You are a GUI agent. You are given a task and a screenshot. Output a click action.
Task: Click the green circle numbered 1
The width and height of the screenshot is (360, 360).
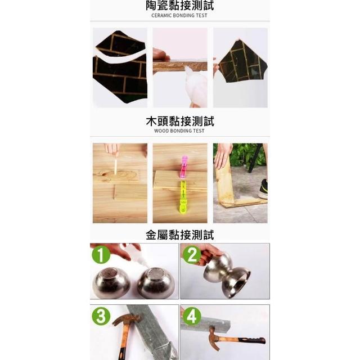click(x=101, y=254)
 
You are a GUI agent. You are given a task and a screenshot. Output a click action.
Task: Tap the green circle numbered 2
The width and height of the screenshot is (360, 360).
click(x=192, y=254)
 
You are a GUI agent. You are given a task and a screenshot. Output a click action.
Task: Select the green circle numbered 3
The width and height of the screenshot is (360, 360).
click(x=101, y=316)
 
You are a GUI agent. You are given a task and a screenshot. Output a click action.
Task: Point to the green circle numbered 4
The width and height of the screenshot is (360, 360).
click(x=192, y=316)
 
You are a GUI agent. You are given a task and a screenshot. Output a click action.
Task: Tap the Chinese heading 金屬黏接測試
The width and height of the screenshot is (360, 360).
click(x=180, y=235)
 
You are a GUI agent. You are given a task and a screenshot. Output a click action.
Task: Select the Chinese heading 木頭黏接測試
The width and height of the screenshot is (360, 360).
click(x=180, y=121)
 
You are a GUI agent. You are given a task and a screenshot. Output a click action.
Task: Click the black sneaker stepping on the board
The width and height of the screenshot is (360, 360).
click(x=263, y=189)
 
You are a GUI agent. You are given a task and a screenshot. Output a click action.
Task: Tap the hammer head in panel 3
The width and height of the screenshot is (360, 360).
click(x=126, y=319)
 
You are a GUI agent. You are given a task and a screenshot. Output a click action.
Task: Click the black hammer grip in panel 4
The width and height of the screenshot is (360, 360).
click(x=252, y=340)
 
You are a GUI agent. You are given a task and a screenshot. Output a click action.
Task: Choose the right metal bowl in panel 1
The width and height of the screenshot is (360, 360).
click(x=156, y=282)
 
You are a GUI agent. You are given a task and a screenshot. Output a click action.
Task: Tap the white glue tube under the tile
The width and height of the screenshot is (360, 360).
click(x=195, y=85)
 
